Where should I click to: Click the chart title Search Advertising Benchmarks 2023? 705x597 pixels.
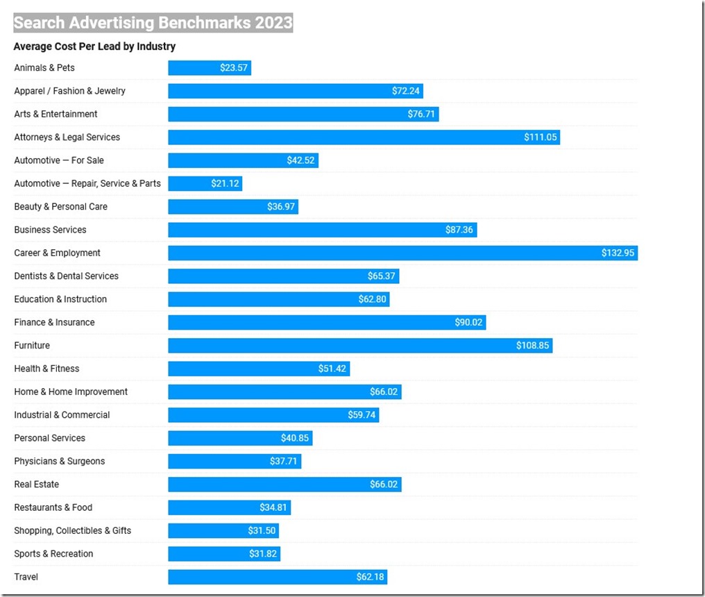153,23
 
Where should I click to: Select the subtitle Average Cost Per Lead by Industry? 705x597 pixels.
94,47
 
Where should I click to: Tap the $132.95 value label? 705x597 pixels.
618,253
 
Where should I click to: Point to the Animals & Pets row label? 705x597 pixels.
44,68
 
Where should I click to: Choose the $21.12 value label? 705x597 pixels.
225,184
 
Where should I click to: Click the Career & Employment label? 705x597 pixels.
57,253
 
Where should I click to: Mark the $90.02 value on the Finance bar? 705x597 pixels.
468,323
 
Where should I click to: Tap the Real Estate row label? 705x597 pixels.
36,485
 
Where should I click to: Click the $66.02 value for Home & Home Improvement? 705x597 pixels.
384,392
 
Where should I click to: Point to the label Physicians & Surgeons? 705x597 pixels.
60,462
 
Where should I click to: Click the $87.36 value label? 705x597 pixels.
459,230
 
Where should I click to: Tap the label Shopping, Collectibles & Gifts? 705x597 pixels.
72,531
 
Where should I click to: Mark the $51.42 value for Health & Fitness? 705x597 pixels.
332,369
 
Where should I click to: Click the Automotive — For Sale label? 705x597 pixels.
59,160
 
